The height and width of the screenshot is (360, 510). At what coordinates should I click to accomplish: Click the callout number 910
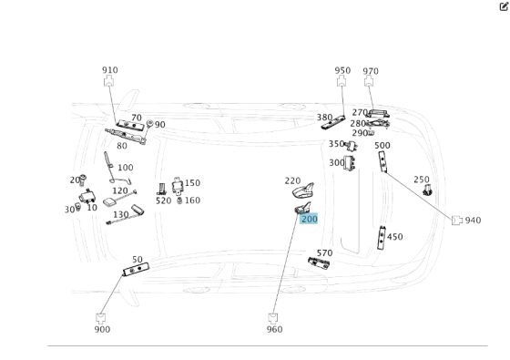(109, 70)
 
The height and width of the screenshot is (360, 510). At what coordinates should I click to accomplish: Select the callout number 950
(342, 70)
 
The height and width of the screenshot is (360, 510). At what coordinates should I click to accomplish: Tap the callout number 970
(371, 71)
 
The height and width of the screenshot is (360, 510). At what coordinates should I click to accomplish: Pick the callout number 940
(473, 221)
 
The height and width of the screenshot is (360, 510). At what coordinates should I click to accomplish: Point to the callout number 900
(102, 329)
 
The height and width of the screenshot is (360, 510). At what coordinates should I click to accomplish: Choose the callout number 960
(274, 329)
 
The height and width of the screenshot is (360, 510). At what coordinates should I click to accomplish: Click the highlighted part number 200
(309, 220)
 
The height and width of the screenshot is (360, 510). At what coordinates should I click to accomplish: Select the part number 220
(292, 180)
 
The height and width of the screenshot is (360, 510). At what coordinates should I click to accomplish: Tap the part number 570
(324, 252)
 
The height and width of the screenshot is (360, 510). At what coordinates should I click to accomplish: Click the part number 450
(394, 237)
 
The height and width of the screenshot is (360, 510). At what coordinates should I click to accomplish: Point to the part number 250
(422, 180)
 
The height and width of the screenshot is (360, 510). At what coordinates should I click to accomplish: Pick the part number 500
(382, 145)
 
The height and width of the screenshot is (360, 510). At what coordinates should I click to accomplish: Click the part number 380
(324, 117)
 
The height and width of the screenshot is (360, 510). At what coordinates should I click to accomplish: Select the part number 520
(163, 201)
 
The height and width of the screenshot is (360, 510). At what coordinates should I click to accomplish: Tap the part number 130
(120, 214)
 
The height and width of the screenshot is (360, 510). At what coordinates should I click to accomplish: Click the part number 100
(125, 168)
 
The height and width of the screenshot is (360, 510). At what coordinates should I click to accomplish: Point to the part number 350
(336, 143)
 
